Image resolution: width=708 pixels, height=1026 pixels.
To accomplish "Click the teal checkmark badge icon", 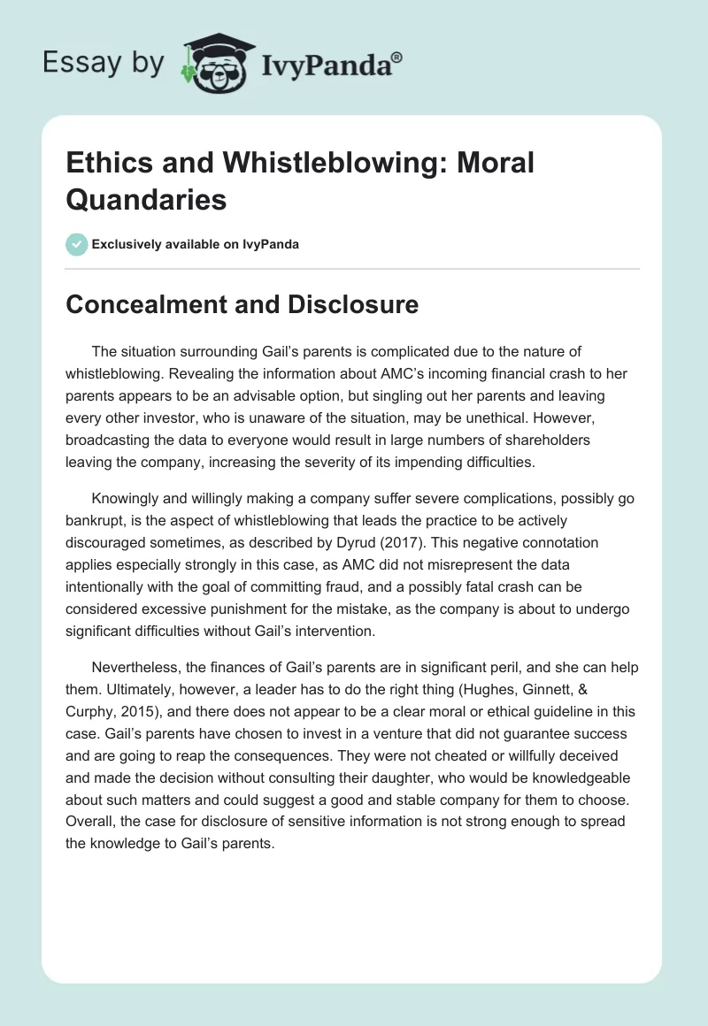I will coord(77,244).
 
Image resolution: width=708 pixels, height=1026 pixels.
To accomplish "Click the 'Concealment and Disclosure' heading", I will coord(242,305).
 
